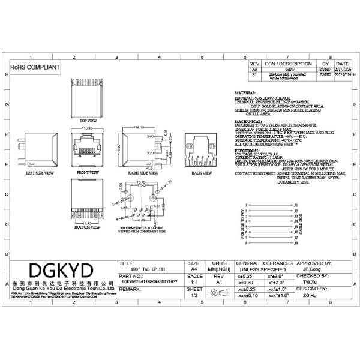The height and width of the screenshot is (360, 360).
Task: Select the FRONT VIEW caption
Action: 89,172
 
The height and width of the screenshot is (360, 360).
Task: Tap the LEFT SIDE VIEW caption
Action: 40,172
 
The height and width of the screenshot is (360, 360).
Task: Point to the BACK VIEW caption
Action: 201,172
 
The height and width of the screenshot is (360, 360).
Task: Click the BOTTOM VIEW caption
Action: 88,227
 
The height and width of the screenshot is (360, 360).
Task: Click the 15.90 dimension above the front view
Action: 88,128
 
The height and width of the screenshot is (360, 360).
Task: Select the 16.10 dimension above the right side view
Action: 139,128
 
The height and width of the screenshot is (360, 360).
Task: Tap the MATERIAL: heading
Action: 245,93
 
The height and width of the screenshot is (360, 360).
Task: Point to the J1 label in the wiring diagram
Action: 296,205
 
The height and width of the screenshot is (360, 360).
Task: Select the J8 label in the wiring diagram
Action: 296,244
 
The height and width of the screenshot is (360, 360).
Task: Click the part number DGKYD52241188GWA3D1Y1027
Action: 150,280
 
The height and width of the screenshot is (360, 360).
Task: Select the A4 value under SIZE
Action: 194,270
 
